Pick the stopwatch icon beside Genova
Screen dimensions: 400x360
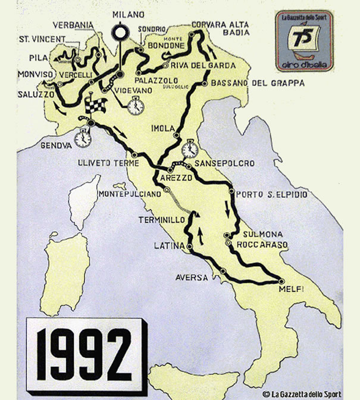[83, 138]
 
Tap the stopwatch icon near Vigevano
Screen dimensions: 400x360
[135, 105]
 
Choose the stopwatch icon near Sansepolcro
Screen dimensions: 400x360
[190, 148]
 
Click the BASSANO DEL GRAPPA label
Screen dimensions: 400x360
[258, 83]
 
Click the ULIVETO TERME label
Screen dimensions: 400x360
[104, 161]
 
